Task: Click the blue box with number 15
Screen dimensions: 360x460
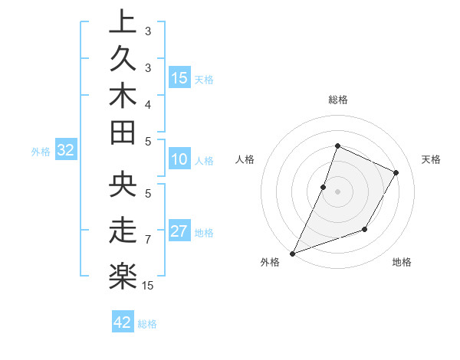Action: [180, 77]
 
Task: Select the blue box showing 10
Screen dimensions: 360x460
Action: [179, 160]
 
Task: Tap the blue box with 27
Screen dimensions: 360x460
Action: [179, 231]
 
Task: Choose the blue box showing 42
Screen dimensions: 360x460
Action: [123, 322]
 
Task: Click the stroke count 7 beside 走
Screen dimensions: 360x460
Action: [147, 240]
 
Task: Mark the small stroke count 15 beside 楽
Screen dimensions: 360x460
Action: [149, 286]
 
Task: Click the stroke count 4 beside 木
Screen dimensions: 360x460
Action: [147, 103]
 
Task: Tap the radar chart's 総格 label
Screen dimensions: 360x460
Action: [338, 100]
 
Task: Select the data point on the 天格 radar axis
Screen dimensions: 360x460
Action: [396, 172]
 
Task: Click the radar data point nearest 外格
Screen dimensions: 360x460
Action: [292, 253]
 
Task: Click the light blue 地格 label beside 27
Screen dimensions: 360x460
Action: [205, 232]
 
